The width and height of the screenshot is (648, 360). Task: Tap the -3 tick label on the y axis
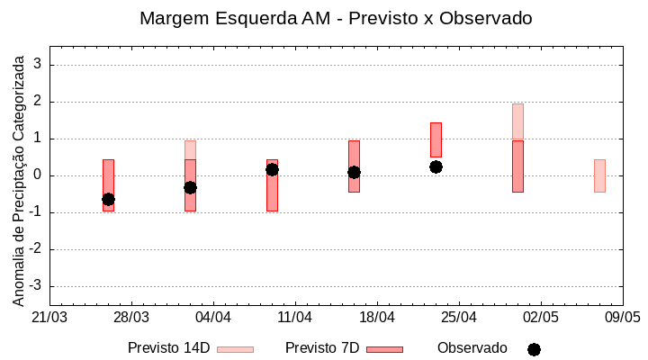pyautogui.click(x=37, y=286)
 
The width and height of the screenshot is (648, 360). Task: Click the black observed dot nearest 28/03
pyautogui.click(x=108, y=199)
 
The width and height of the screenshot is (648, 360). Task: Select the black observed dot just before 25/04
pyautogui.click(x=436, y=166)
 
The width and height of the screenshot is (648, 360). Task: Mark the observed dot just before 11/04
pyautogui.click(x=272, y=169)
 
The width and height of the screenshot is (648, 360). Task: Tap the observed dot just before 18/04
pyautogui.click(x=354, y=172)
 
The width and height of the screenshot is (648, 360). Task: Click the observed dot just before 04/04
pyautogui.click(x=190, y=187)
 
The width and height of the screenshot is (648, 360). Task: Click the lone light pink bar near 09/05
pyautogui.click(x=599, y=175)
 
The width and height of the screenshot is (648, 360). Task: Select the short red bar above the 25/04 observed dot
pyautogui.click(x=436, y=139)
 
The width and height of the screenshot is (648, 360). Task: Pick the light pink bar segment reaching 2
pyautogui.click(x=517, y=121)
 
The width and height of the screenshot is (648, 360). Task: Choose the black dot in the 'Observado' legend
pyautogui.click(x=534, y=349)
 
